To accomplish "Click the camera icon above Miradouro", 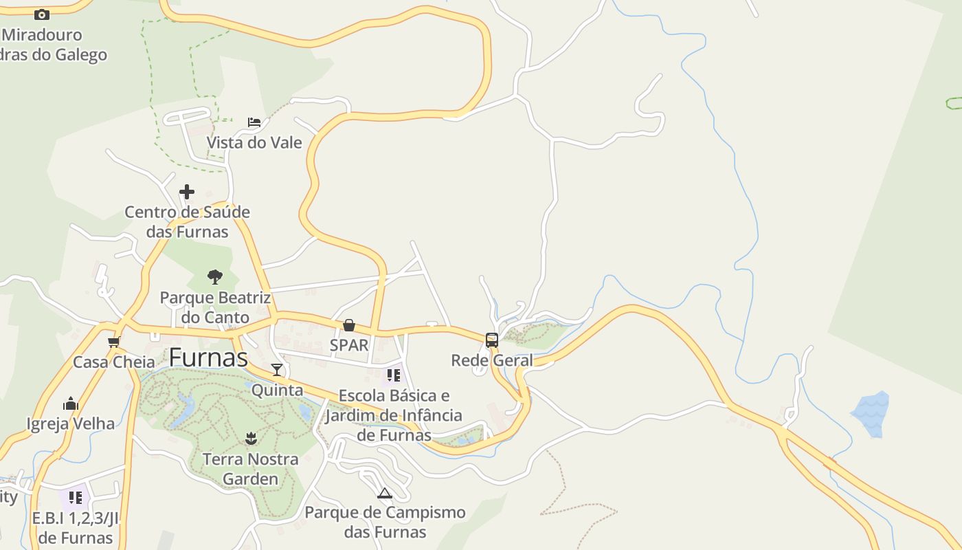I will [42, 14].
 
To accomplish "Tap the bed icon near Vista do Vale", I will [254, 122].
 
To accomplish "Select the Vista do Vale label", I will [254, 142].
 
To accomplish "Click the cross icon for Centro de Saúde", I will [186, 192].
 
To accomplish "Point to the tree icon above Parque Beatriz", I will [215, 277].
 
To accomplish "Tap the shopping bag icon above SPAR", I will [349, 324].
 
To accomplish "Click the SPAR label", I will [349, 344].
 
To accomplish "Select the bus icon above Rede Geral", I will [492, 340].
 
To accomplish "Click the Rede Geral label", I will [492, 360].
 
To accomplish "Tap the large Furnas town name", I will [208, 357].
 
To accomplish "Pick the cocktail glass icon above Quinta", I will [276, 370].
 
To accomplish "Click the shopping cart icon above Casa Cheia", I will [114, 342].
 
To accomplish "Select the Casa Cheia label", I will [114, 362].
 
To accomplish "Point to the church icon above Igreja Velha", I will [71, 404].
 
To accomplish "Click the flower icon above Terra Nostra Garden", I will [251, 439].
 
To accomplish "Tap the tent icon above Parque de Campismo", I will [384, 492].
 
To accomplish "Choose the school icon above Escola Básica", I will [393, 375].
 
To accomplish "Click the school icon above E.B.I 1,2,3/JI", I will [75, 496].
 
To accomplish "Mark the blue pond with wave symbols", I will [871, 413].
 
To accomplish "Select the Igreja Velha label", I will [71, 423].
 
